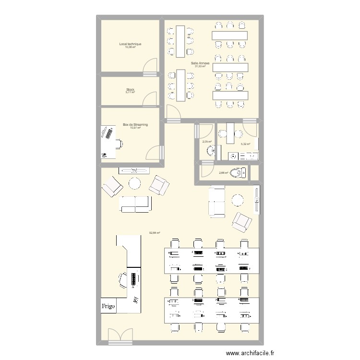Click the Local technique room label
[x=130, y=44]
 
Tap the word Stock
[x=130, y=89]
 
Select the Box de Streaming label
[x=135, y=124]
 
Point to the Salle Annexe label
[x=200, y=63]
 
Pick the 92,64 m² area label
[x=154, y=233]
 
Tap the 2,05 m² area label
[x=207, y=142]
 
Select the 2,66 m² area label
[x=223, y=173]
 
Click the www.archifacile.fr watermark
[x=252, y=353]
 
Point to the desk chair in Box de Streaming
[x=117, y=143]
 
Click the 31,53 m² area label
[x=200, y=66]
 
